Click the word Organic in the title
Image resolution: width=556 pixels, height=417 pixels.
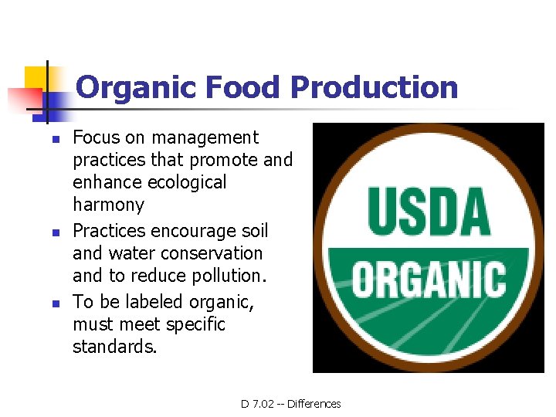pyautogui.click(x=136, y=87)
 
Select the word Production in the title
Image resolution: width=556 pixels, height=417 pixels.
pyautogui.click(x=375, y=87)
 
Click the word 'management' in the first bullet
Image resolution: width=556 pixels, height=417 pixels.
pyautogui.click(x=205, y=138)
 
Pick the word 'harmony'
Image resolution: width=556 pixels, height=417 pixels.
pyautogui.click(x=108, y=205)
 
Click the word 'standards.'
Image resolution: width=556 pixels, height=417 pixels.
pyautogui.click(x=114, y=347)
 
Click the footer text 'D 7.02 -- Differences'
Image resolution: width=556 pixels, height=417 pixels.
pyautogui.click(x=290, y=404)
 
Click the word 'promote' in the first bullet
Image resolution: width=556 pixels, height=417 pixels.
pyautogui.click(x=223, y=161)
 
